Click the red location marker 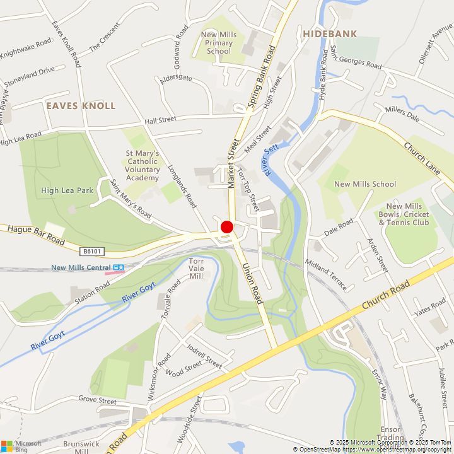click(227, 228)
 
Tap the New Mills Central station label click(81, 267)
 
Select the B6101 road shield click(91, 252)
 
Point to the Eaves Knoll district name click(81, 106)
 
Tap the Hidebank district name click(329, 34)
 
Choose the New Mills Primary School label click(218, 43)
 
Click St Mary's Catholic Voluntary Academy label click(142, 165)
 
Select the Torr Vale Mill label click(197, 269)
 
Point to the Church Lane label click(422, 157)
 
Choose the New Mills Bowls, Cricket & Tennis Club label click(407, 214)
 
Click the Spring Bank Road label click(262, 75)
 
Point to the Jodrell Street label click(203, 357)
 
